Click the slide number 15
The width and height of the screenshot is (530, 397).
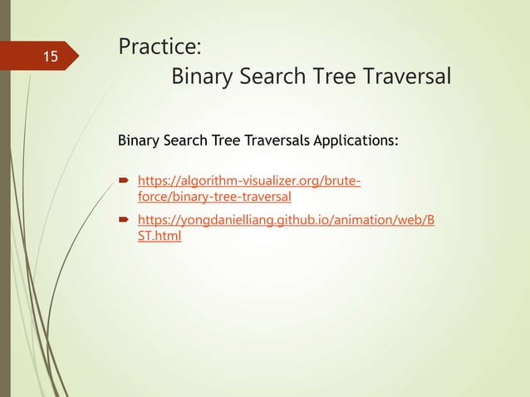tap(51, 57)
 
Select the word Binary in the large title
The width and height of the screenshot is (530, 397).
tap(200, 77)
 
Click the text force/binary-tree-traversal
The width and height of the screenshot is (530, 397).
tap(213, 196)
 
